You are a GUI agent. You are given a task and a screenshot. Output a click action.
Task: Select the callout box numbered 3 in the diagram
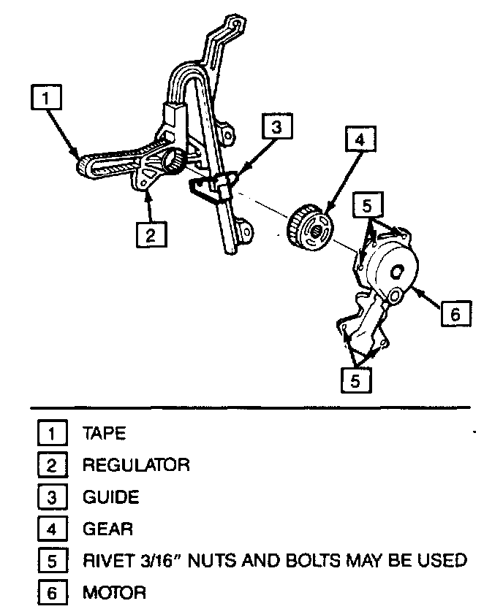[x=276, y=127]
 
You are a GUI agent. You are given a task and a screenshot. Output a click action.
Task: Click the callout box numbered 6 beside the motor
[x=455, y=313]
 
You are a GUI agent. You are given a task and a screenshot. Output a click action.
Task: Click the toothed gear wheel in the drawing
[x=311, y=229]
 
